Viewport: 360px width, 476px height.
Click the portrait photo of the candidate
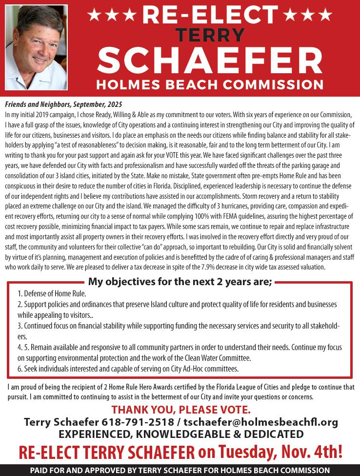click(x=36, y=47)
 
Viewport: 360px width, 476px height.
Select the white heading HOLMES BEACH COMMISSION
click(x=210, y=84)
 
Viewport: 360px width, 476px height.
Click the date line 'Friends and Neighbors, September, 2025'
click(x=63, y=104)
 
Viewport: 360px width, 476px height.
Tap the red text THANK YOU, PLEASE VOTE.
click(x=181, y=409)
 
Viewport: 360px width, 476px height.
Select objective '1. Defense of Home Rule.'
click(x=52, y=293)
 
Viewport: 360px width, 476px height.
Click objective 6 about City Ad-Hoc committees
click(x=128, y=368)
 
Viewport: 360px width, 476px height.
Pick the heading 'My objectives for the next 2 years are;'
click(x=180, y=281)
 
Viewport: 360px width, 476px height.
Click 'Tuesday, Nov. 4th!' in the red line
click(x=277, y=451)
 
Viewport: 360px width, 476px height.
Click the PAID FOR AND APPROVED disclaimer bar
click(x=180, y=470)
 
